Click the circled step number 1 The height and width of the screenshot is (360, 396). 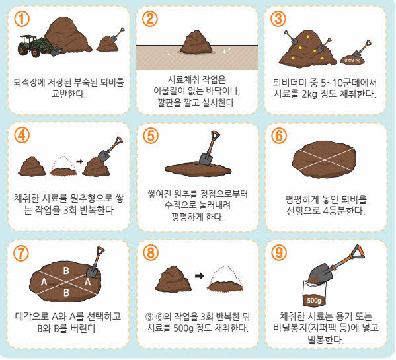pyautogui.click(x=22, y=19)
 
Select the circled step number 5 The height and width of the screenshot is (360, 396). pyautogui.click(x=151, y=136)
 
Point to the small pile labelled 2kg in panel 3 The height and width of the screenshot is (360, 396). pyautogui.click(x=353, y=60)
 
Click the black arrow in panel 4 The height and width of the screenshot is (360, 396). pyautogui.click(x=79, y=161)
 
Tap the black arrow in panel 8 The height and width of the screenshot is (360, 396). pyautogui.click(x=199, y=276)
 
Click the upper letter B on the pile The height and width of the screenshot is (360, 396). pyautogui.click(x=66, y=270)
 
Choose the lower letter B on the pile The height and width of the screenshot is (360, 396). pyautogui.click(x=66, y=293)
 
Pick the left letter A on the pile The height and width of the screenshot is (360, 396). pyautogui.click(x=44, y=281)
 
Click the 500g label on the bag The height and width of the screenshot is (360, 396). pyautogui.click(x=314, y=300)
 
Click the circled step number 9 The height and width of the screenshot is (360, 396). pyautogui.click(x=279, y=252)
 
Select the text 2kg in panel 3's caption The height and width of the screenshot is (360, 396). pyautogui.click(x=309, y=94)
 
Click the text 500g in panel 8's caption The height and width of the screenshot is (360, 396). pyautogui.click(x=183, y=328)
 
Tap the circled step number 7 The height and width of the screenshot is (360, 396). pyautogui.click(x=21, y=253)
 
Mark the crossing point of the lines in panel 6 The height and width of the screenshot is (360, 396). pyautogui.click(x=325, y=160)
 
